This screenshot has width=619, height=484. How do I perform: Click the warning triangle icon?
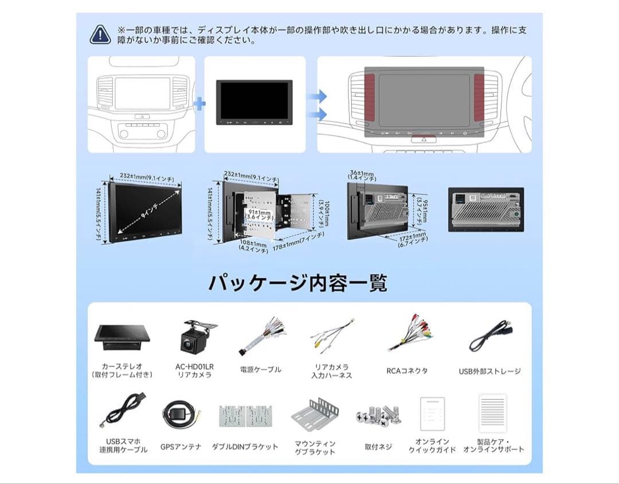click(100, 35)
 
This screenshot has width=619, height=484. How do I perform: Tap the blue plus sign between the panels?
click(199, 104)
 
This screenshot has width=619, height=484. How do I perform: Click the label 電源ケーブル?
click(260, 370)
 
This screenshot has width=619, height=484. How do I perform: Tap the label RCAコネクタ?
click(407, 371)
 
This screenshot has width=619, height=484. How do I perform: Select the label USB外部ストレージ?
click(489, 371)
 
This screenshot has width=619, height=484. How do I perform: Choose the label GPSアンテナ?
click(181, 447)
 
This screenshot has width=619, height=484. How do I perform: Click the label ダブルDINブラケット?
click(245, 447)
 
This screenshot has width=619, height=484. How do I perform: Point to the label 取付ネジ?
click(378, 447)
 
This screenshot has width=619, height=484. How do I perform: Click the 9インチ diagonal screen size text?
click(145, 210)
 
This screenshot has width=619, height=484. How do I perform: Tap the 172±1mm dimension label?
click(413, 236)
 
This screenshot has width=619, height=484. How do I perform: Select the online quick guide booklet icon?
click(432, 413)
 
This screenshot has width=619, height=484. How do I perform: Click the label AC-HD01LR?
click(194, 366)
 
